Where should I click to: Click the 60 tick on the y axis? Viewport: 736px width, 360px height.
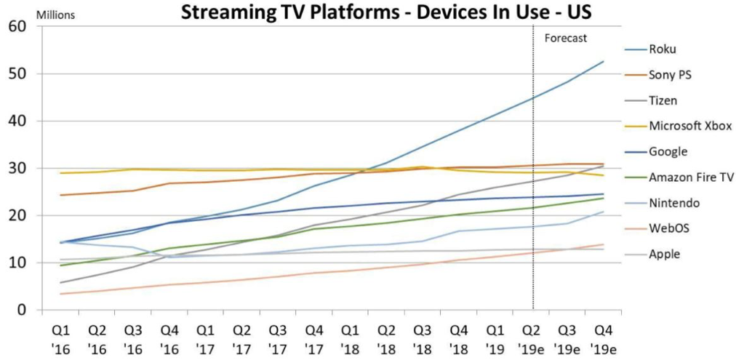17,27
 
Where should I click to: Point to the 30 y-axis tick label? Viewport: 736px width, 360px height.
17,169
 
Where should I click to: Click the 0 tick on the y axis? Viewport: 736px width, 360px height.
22,311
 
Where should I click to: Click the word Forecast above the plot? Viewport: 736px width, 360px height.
565,38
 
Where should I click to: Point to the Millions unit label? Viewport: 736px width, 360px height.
26,13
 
